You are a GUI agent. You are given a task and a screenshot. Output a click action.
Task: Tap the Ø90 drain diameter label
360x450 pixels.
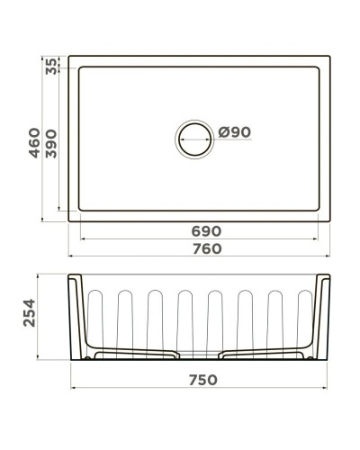[234, 132]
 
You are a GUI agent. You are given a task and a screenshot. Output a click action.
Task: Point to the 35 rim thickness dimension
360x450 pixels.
[51, 66]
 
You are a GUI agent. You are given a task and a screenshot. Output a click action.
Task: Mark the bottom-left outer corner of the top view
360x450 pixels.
[69, 219]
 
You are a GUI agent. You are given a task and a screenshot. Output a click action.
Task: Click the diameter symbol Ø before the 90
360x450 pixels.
[223, 132]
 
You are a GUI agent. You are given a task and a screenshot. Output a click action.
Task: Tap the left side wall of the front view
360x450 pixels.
[76, 315]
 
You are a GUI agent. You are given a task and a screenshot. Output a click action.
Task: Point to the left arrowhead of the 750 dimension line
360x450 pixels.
[73, 389]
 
